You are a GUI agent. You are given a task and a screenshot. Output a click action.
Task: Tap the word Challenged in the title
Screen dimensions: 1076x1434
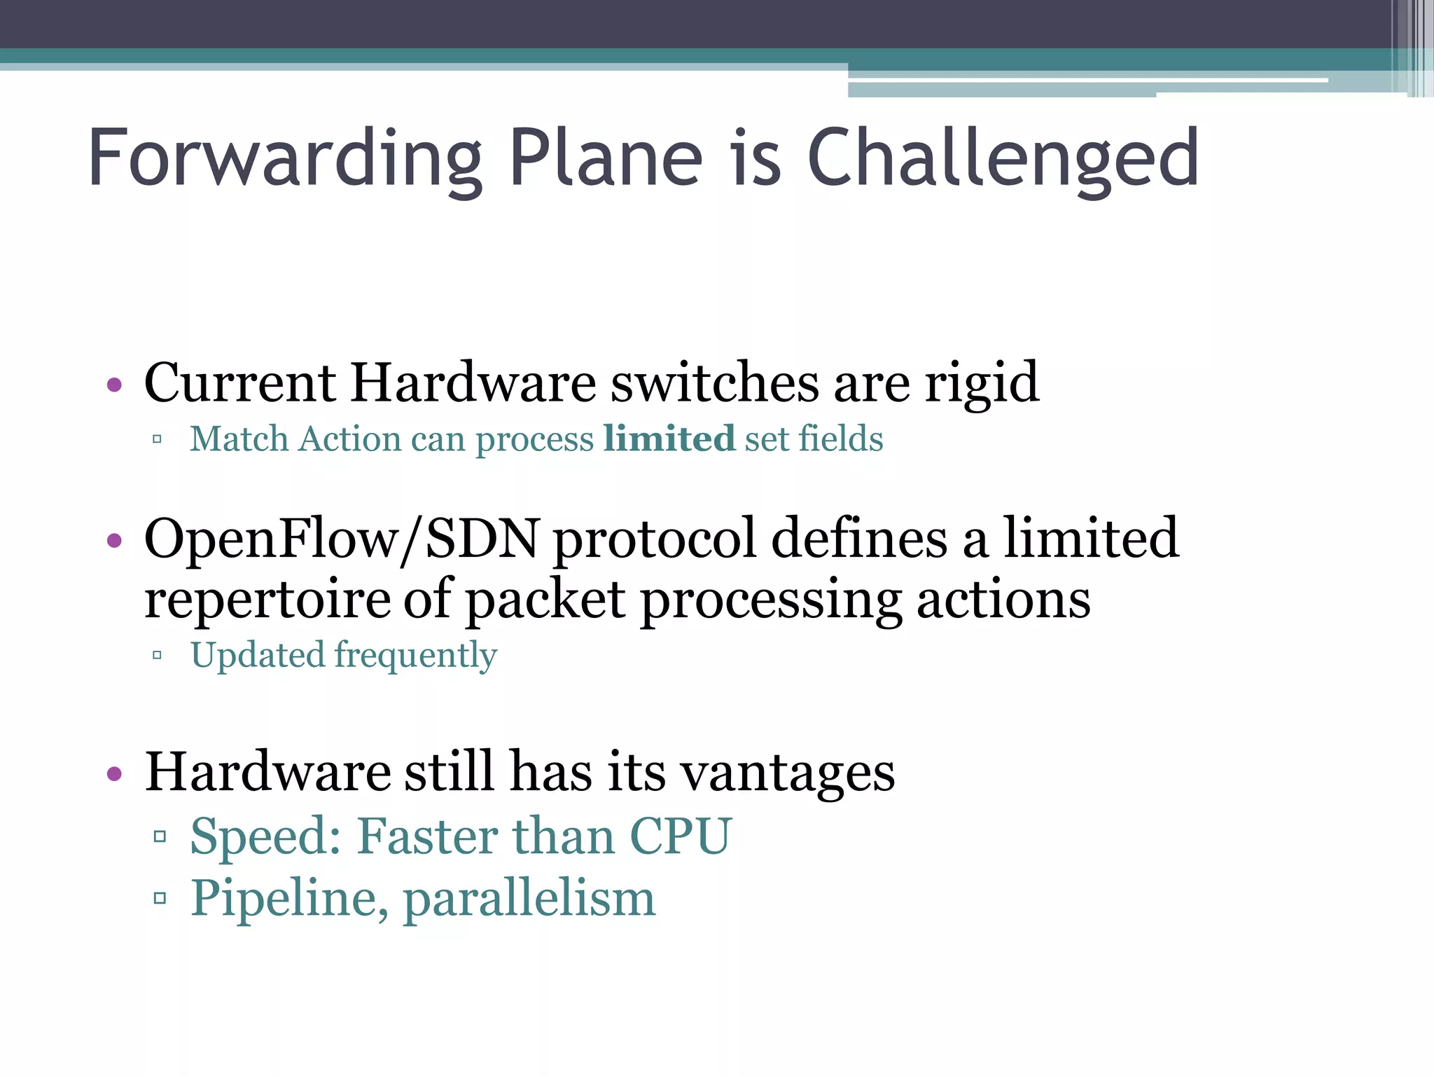pos(1003,159)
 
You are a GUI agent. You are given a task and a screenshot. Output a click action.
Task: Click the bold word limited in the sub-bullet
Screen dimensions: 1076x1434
pos(669,439)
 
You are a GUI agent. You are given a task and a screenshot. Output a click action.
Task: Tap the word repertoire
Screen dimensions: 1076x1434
pos(266,600)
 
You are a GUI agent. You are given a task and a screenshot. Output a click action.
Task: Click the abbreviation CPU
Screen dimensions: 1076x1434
pos(681,836)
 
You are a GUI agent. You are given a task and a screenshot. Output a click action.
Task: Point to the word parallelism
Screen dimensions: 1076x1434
pos(529,899)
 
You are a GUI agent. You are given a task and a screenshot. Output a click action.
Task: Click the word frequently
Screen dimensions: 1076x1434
pos(416,656)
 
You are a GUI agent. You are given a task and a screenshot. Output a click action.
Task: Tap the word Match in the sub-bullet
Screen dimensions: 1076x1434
pos(239,439)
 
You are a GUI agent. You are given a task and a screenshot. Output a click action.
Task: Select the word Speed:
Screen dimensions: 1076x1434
pos(266,836)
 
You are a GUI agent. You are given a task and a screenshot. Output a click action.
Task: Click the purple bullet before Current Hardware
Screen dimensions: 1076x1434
pos(114,385)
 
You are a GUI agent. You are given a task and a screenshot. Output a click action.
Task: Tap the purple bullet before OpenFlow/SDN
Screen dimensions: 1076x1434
pos(114,540)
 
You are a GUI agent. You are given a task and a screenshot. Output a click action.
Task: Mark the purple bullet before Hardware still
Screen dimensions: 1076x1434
pos(114,774)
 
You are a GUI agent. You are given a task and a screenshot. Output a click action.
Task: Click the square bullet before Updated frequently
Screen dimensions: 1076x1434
pos(158,656)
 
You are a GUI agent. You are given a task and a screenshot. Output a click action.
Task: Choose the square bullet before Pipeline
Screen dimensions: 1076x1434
pos(160,898)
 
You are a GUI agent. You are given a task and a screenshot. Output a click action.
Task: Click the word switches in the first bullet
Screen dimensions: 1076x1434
pos(714,383)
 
